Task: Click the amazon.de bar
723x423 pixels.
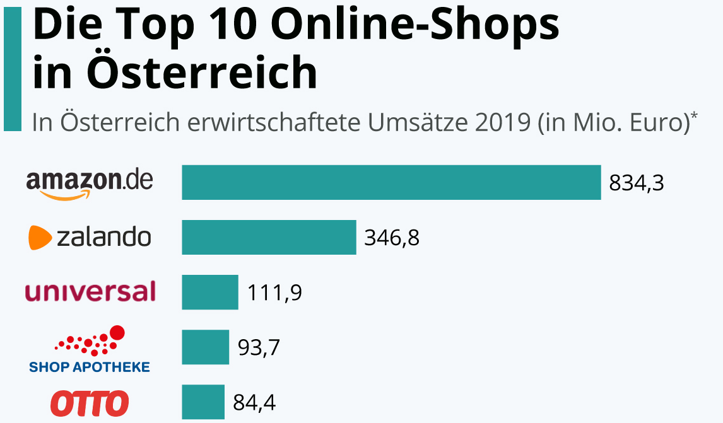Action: pos(391,182)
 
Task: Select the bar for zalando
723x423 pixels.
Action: pos(269,237)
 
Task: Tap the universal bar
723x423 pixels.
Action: pos(210,292)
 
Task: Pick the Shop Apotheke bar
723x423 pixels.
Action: pos(205,347)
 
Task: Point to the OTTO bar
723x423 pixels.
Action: pos(203,402)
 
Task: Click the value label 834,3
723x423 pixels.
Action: pos(637,183)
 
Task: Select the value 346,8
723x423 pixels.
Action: pos(392,238)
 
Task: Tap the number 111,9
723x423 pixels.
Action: pos(274,293)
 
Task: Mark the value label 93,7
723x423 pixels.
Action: pos(259,347)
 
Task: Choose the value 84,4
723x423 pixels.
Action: pos(254,402)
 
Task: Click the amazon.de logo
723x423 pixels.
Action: pos(90,182)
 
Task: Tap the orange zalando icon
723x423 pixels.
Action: pos(40,238)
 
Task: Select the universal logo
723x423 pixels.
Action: pos(90,292)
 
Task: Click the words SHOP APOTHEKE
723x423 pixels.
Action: pos(90,366)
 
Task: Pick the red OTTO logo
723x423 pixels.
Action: pos(90,403)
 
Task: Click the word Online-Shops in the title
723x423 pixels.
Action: pos(418,26)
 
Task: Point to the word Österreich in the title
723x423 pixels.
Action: pos(202,72)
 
